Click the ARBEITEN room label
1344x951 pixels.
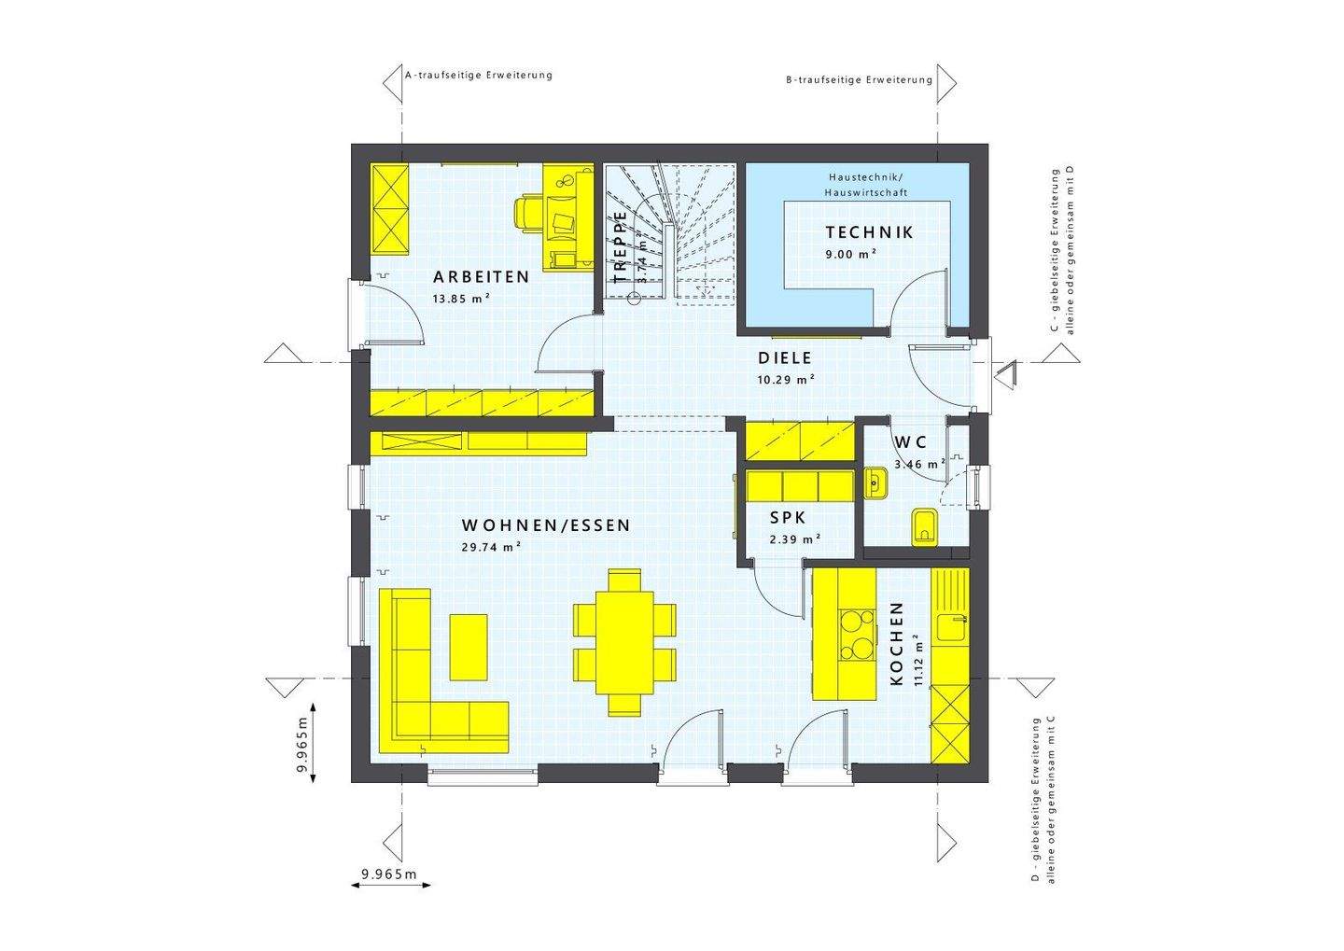(481, 277)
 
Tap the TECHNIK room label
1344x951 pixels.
(869, 232)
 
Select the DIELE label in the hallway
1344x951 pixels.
(785, 358)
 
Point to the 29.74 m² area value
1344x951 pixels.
(491, 548)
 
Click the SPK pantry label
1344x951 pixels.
(788, 518)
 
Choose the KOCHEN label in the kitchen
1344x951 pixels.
(897, 644)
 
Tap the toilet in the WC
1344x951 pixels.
(922, 526)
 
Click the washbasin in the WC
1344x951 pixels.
(875, 482)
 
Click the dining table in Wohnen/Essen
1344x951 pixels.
(624, 642)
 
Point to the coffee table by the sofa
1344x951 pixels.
(469, 647)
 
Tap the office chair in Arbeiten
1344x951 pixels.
(529, 213)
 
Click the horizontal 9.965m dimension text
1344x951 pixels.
(388, 874)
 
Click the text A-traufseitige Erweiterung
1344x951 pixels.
(479, 75)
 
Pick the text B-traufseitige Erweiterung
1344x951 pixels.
(859, 80)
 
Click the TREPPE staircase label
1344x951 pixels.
(621, 247)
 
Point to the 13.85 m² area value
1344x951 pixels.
(461, 299)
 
